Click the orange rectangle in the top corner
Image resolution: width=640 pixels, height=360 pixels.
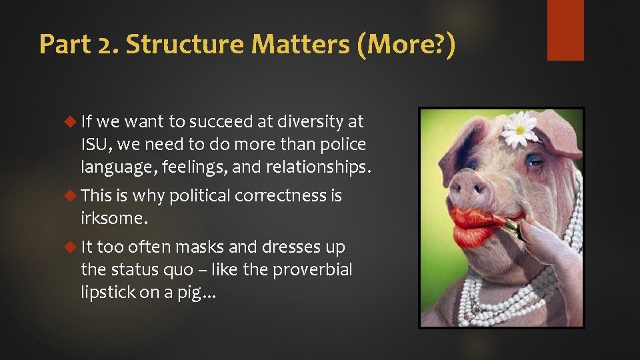565,30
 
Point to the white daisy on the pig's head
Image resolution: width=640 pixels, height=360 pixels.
520,129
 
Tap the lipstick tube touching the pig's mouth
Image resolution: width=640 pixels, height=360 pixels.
510,227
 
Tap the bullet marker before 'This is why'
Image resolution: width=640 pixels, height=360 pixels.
73,196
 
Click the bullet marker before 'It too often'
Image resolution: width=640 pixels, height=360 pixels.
73,247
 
